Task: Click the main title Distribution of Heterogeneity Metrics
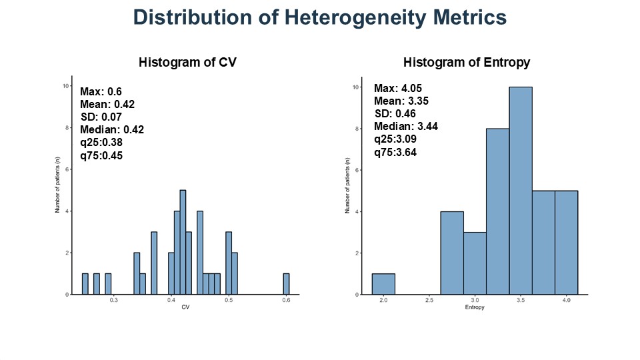[x=320, y=17]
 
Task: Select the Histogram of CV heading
[x=187, y=63]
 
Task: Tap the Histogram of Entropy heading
[x=467, y=63]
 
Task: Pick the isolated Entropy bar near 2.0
[x=383, y=284]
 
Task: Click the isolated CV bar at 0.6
[x=286, y=284]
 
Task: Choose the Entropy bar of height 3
[x=475, y=263]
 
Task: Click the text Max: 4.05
[x=398, y=89]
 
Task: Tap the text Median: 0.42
[x=112, y=129]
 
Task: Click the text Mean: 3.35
[x=401, y=101]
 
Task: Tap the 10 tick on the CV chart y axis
[x=64, y=86]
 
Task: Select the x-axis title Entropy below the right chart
[x=475, y=308]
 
